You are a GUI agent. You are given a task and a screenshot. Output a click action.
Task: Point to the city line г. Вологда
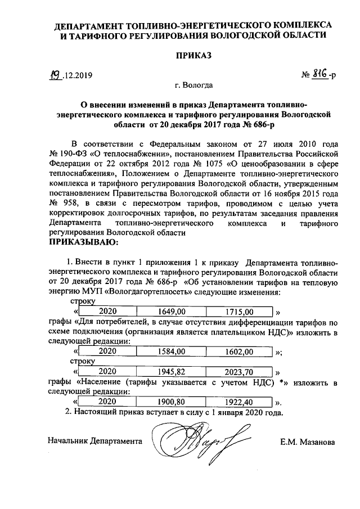coord(193,86)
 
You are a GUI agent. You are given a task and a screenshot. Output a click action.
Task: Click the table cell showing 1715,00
coord(239,311)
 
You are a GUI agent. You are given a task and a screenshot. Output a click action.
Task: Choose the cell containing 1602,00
coord(239,352)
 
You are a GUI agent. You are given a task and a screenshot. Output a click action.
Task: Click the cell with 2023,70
coord(239,372)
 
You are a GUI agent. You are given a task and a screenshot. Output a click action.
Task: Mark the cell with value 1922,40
coord(239,402)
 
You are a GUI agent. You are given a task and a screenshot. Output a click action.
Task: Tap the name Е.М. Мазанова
coord(309,442)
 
